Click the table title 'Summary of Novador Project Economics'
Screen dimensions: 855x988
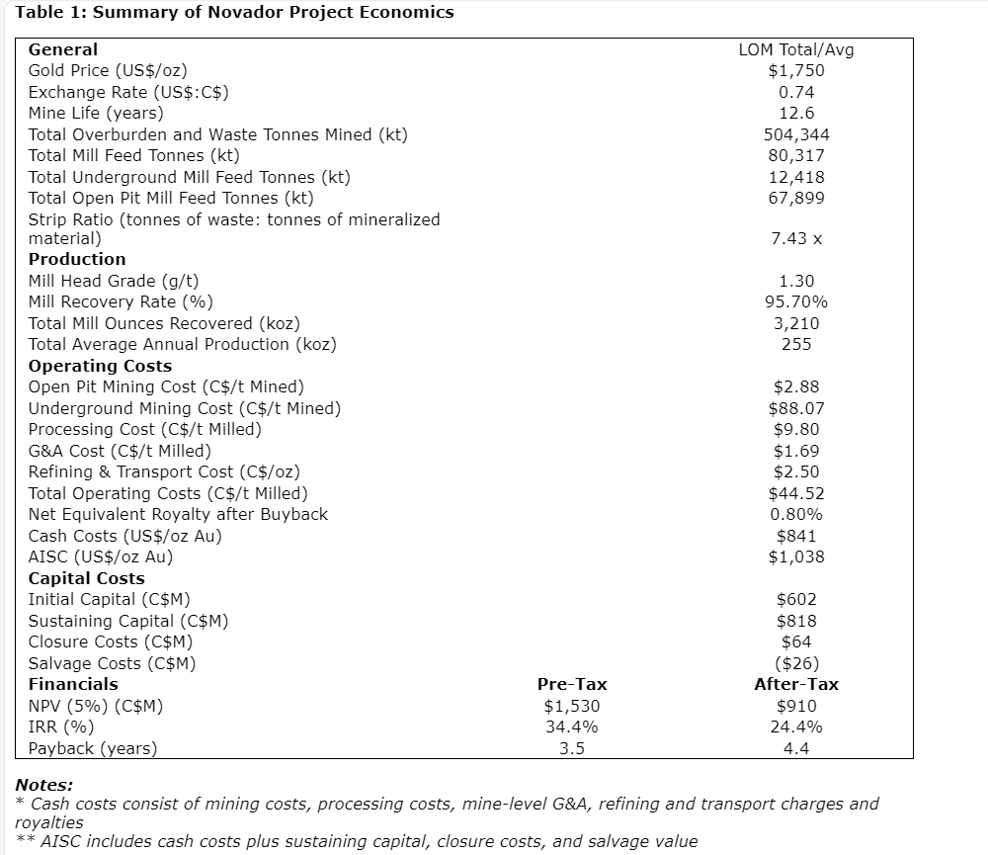click(x=272, y=13)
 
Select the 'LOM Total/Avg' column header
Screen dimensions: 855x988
click(x=795, y=49)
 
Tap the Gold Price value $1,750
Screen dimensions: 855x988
click(x=795, y=71)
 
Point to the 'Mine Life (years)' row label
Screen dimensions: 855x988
click(x=96, y=113)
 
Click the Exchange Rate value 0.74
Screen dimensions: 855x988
click(x=796, y=92)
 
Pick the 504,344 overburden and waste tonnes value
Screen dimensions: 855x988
click(x=796, y=134)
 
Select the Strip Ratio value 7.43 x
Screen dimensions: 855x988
click(x=796, y=239)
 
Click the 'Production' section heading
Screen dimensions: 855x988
click(x=77, y=260)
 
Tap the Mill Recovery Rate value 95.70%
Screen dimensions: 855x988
click(x=796, y=302)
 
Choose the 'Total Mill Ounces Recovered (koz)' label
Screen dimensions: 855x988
click(x=164, y=323)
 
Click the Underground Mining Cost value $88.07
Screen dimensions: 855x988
click(x=796, y=408)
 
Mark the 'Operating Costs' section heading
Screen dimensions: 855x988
click(x=100, y=366)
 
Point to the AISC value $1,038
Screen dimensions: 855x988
click(x=796, y=556)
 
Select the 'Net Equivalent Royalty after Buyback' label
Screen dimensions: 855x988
click(x=178, y=514)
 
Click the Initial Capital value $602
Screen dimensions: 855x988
click(x=796, y=599)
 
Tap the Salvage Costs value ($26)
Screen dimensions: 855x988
click(x=796, y=663)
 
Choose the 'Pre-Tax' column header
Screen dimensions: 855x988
click(x=572, y=684)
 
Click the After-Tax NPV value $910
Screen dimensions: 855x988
click(x=796, y=706)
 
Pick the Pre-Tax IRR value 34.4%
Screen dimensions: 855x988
click(x=572, y=727)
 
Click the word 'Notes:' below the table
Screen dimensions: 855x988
click(x=44, y=785)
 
